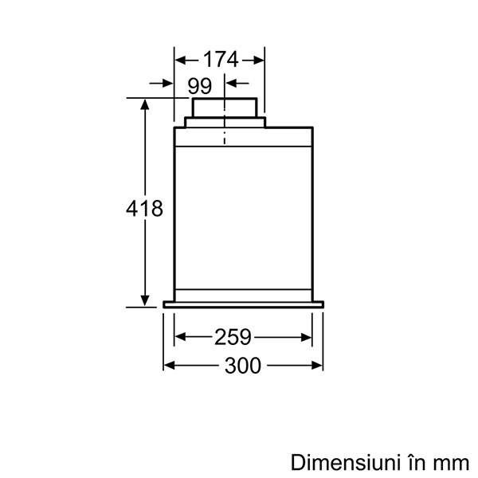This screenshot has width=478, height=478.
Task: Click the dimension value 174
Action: click(220, 59)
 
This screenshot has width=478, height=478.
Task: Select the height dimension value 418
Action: click(144, 209)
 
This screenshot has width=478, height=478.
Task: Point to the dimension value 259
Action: click(233, 337)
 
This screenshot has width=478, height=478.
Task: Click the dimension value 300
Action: click(244, 366)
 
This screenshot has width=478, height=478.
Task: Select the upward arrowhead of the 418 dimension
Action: click(145, 105)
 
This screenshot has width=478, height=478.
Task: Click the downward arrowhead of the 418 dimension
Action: click(145, 300)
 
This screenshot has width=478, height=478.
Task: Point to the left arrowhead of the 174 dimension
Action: click(180, 60)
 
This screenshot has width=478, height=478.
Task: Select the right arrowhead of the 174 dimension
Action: click(259, 60)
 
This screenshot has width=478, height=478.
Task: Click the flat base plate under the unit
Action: click(243, 304)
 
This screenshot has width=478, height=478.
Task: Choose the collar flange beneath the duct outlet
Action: click(224, 122)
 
